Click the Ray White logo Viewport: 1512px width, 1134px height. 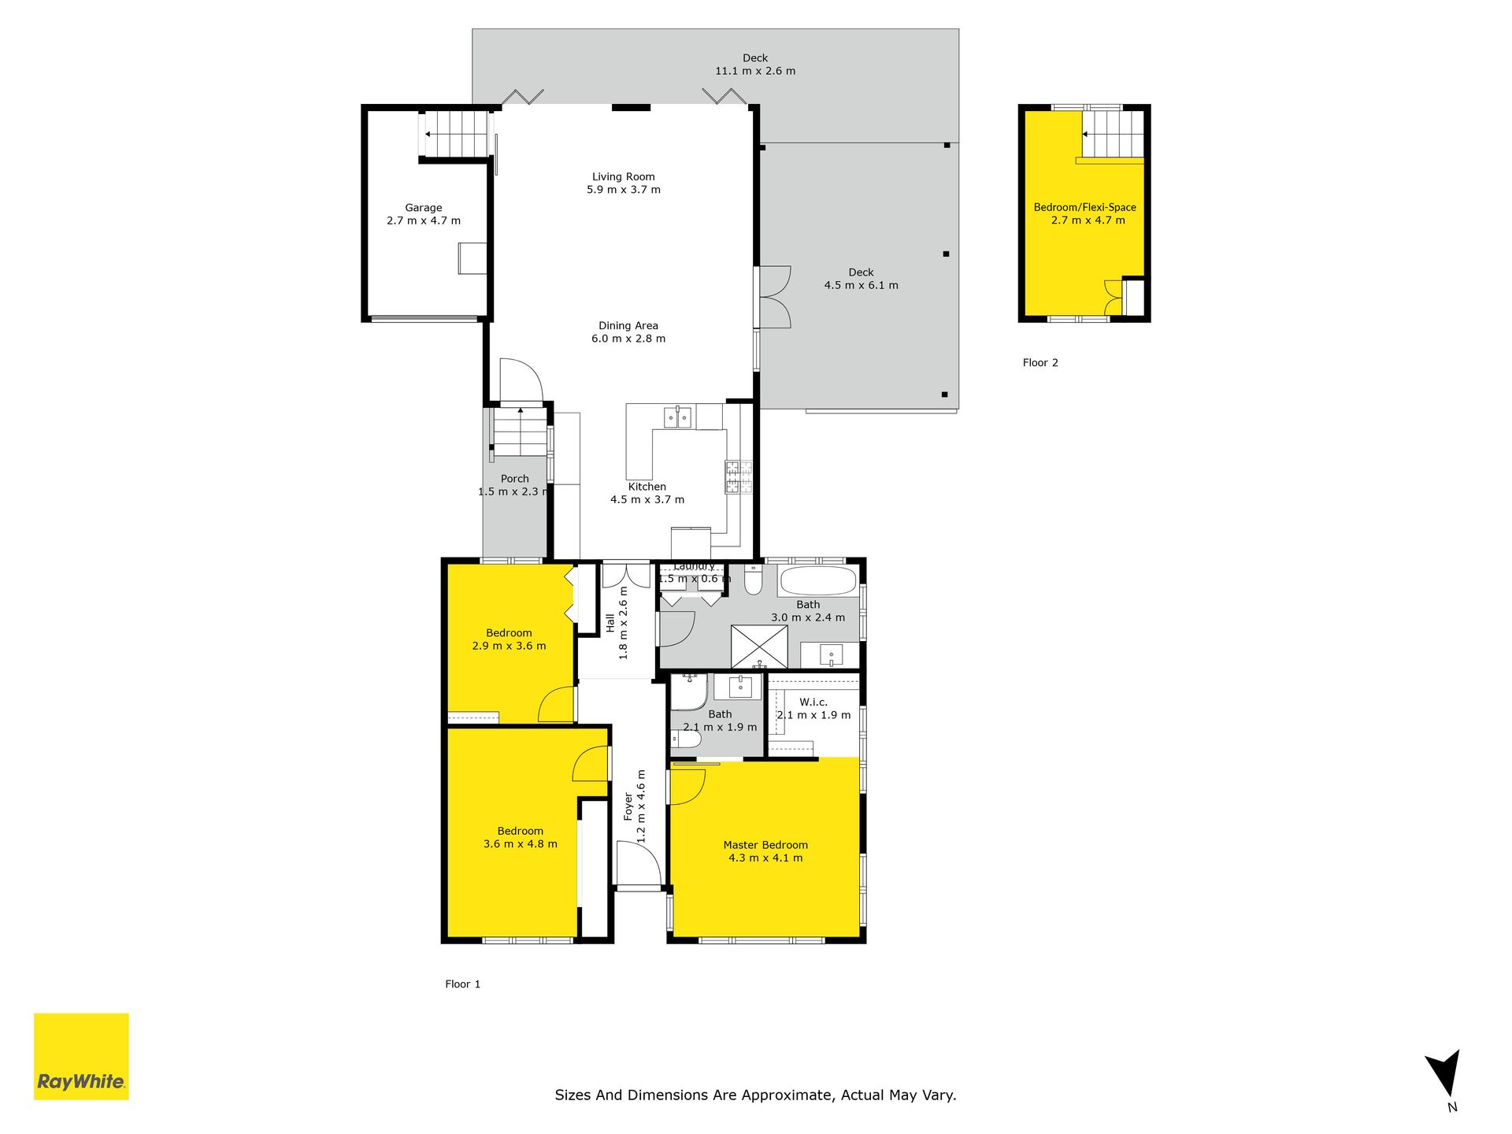pyautogui.click(x=81, y=1056)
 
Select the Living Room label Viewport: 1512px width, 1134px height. pyautogui.click(x=624, y=177)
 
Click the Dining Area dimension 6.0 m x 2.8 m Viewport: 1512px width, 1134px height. pyautogui.click(x=628, y=339)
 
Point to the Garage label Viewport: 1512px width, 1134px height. pyautogui.click(x=424, y=208)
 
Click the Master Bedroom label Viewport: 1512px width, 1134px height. pyautogui.click(x=765, y=845)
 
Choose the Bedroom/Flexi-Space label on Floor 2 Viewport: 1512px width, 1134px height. pyautogui.click(x=1085, y=208)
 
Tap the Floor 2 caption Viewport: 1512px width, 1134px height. pyautogui.click(x=1040, y=363)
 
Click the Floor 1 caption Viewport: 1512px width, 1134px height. pyautogui.click(x=462, y=984)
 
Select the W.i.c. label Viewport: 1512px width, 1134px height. pyautogui.click(x=813, y=702)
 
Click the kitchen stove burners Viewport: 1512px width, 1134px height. pyautogui.click(x=739, y=477)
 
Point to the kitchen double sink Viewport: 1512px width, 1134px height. pyautogui.click(x=677, y=417)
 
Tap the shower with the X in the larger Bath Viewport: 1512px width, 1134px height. pyautogui.click(x=760, y=647)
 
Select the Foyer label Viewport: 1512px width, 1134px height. pyautogui.click(x=628, y=807)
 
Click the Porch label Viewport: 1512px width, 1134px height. pyautogui.click(x=515, y=479)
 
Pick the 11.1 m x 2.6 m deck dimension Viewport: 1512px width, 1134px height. pyautogui.click(x=755, y=71)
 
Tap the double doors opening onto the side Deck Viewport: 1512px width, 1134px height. pyautogui.click(x=774, y=297)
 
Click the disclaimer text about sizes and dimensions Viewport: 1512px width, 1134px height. pyautogui.click(x=755, y=1095)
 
